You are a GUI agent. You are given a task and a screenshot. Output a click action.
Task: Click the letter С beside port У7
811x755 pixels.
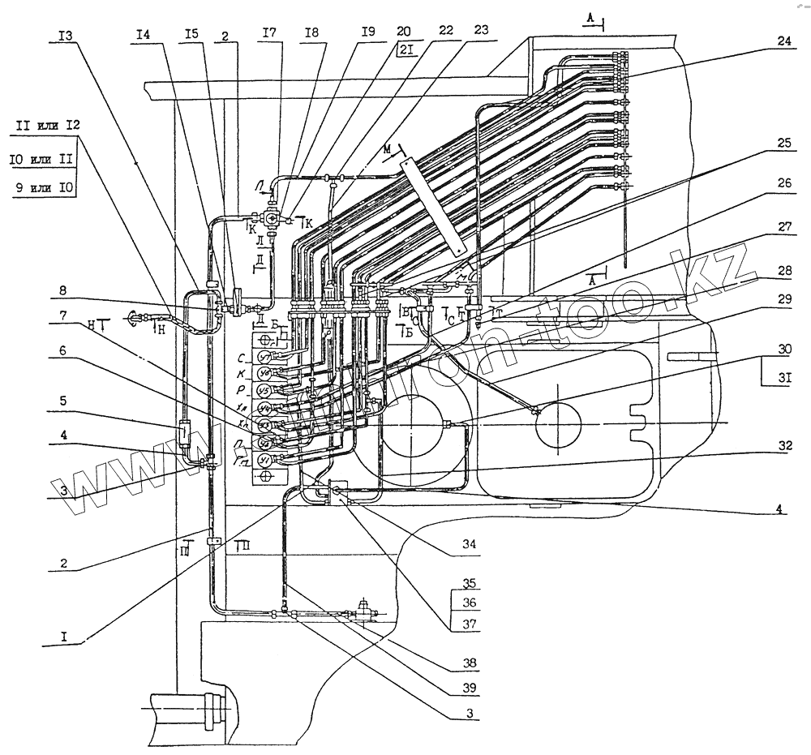242,357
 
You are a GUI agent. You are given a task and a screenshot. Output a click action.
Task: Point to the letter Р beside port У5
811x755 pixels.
242,390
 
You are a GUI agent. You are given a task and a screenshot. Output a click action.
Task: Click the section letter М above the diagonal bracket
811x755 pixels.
389,149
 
